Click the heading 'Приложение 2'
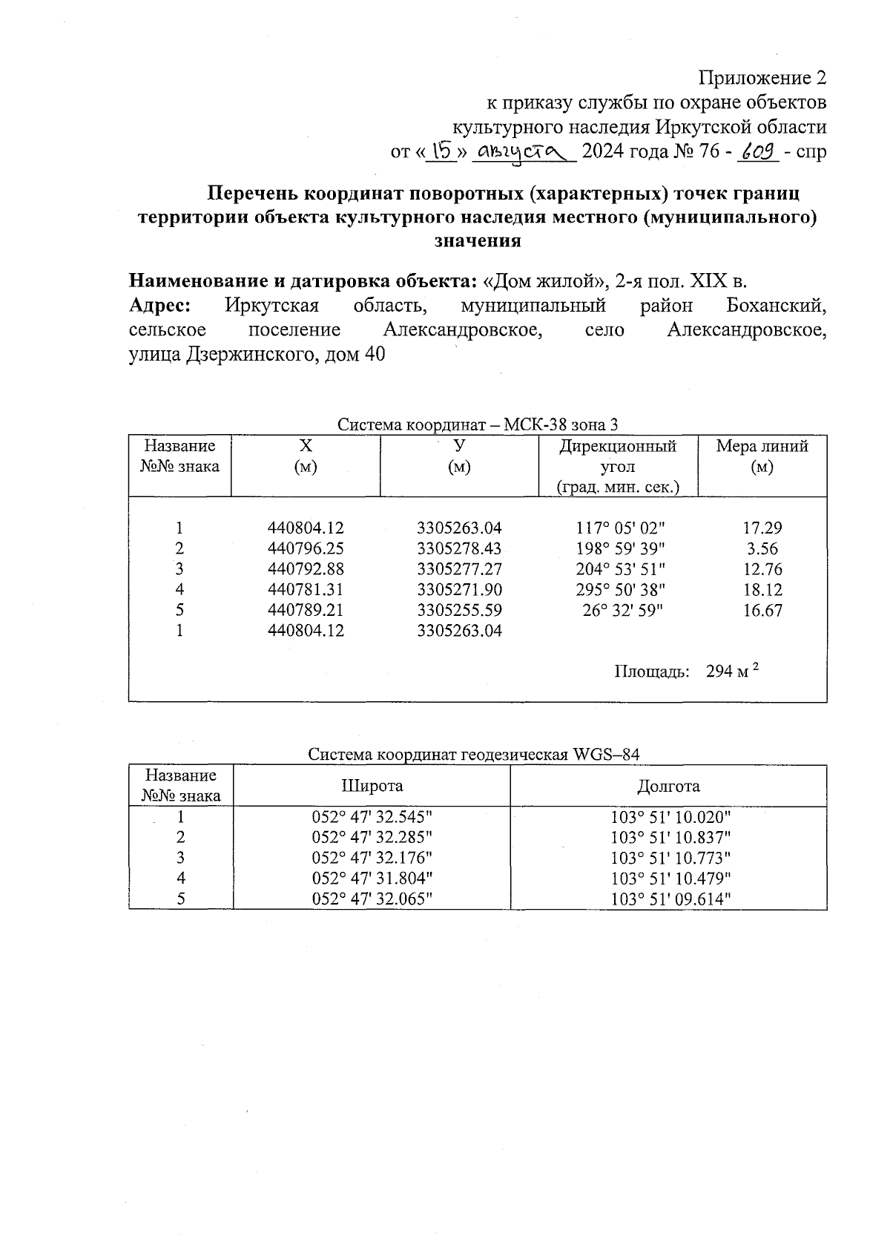pos(762,78)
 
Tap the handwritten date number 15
pos(442,151)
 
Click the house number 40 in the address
pos(373,355)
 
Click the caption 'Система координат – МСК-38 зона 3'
pos(478,424)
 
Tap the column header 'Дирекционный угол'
pos(617,456)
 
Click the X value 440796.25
pos(306,549)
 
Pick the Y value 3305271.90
pos(459,590)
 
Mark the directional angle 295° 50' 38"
pos(620,590)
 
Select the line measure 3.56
pos(762,549)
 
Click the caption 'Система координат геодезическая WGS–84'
pos(473,755)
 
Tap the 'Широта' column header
pos(372,786)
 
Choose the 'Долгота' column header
pos(668,786)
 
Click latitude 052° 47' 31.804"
pos(372,879)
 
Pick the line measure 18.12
pos(762,590)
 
